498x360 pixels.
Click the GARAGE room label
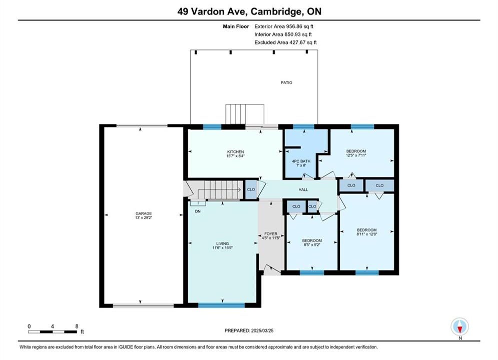144,213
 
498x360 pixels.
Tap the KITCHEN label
235,151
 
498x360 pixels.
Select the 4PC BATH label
301,161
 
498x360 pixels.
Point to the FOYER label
271,234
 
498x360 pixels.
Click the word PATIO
286,82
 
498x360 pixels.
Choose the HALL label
303,189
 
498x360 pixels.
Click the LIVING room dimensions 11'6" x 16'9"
223,247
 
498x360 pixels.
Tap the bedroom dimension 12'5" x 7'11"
356,155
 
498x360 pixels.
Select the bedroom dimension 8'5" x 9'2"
312,245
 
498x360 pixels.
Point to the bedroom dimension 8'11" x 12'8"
367,234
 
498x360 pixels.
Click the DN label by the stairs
198,211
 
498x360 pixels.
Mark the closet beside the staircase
251,189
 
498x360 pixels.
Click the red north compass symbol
460,326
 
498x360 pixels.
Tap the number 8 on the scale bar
77,326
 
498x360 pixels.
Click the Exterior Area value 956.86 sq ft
299,26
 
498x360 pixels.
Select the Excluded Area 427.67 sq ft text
285,42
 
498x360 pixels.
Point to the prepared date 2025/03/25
262,330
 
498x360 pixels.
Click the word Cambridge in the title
276,11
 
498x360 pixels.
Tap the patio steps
245,114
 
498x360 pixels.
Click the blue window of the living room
222,305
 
